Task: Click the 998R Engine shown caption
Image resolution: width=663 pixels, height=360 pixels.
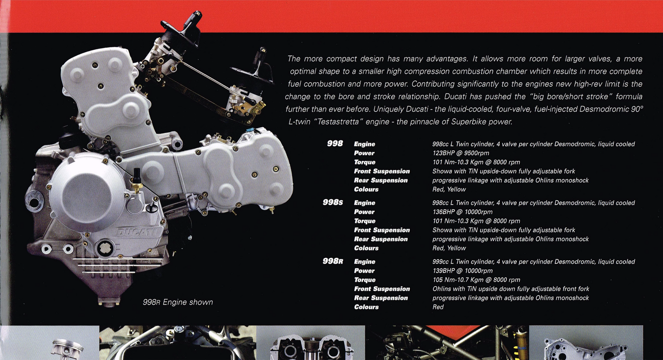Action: tap(178, 302)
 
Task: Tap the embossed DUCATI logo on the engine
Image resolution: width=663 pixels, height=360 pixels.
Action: tap(137, 232)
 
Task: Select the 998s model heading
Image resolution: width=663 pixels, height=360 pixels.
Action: tap(333, 202)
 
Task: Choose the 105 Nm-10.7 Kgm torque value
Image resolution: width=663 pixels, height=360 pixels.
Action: tap(476, 280)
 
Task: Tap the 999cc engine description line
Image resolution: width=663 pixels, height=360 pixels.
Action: tap(533, 261)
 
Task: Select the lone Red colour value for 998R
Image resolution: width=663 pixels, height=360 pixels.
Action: tap(438, 307)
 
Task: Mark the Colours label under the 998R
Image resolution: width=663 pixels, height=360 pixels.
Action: tap(366, 307)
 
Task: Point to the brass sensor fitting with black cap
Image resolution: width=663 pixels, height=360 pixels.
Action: tap(137, 181)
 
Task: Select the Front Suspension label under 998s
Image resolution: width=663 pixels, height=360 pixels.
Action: tap(382, 230)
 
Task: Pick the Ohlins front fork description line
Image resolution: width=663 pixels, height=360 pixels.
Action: tap(511, 289)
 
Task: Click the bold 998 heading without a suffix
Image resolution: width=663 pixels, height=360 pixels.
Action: tap(335, 143)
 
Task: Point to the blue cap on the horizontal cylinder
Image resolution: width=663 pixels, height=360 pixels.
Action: tap(249, 130)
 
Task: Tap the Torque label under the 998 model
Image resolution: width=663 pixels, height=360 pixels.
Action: tap(365, 162)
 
